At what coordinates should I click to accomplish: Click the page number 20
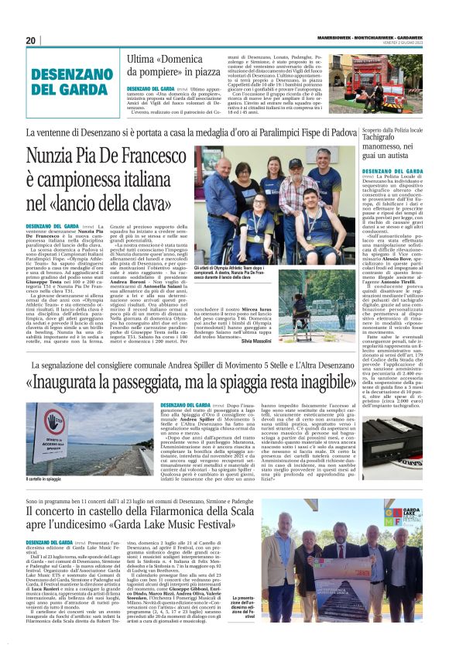tap(31, 40)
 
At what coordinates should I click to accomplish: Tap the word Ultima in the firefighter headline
tap(142, 60)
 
